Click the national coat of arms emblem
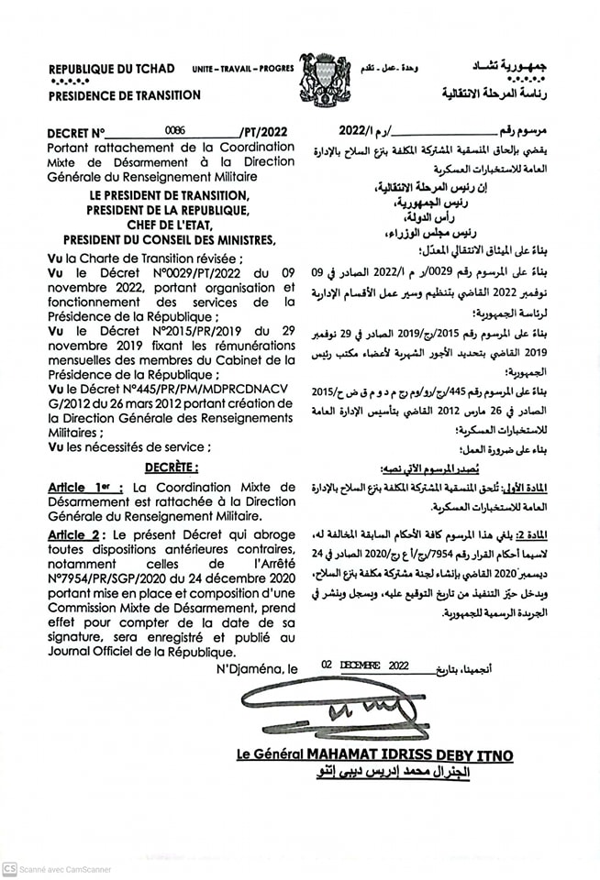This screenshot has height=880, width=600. (325, 80)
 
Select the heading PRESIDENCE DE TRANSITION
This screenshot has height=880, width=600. (124, 95)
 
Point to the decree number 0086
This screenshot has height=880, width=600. (174, 130)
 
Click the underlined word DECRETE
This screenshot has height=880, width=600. (171, 467)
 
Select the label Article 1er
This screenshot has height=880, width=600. (85, 489)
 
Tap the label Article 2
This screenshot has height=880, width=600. (76, 533)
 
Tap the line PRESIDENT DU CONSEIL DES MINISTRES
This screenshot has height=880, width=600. (161, 240)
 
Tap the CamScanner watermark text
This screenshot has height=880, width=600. (64, 868)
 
